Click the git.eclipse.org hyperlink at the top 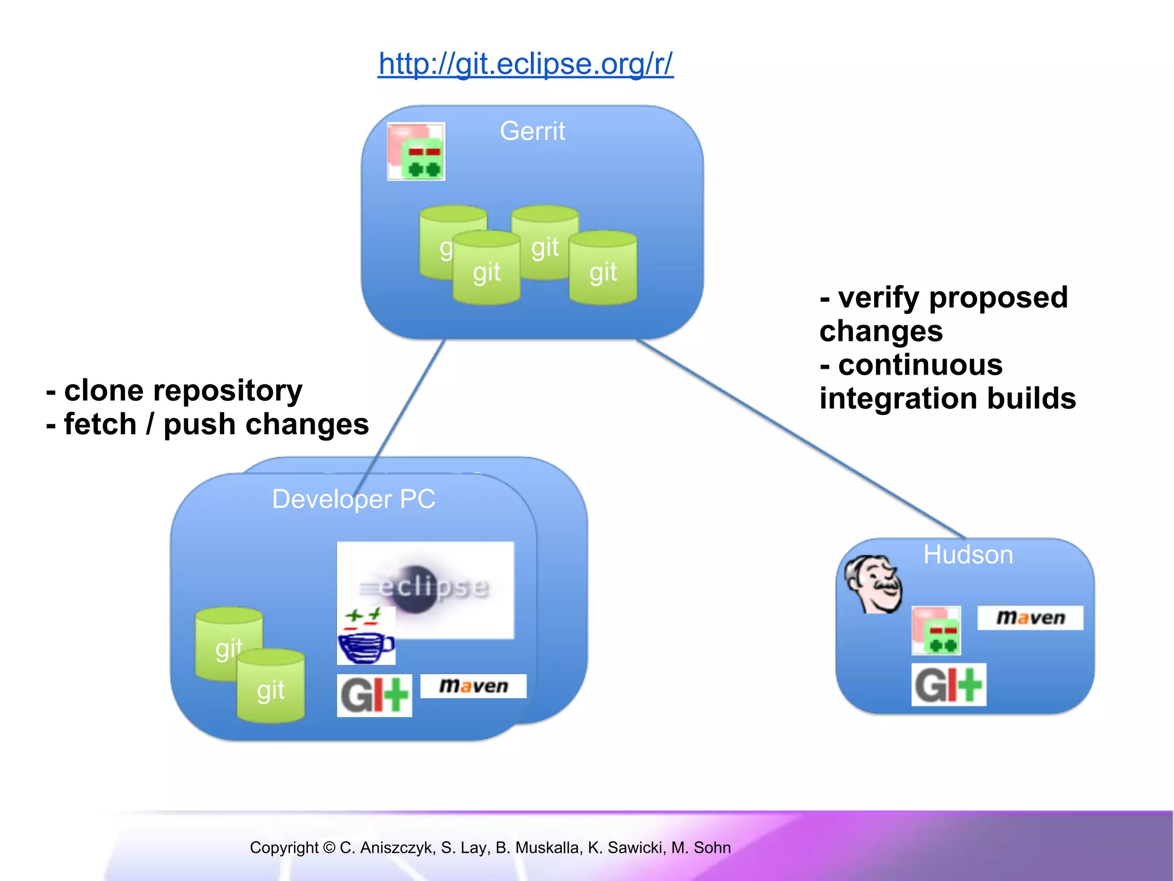tap(525, 64)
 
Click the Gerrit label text tap(532, 131)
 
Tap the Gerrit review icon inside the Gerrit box tap(416, 152)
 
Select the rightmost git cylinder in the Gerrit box tap(603, 268)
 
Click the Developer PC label tap(353, 499)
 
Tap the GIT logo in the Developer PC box tap(374, 695)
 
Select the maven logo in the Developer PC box tap(473, 686)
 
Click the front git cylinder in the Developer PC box tap(271, 687)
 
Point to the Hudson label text tap(968, 555)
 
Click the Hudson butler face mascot tap(874, 584)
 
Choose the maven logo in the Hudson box tap(1030, 618)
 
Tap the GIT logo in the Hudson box tap(949, 684)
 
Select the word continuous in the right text tap(920, 365)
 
